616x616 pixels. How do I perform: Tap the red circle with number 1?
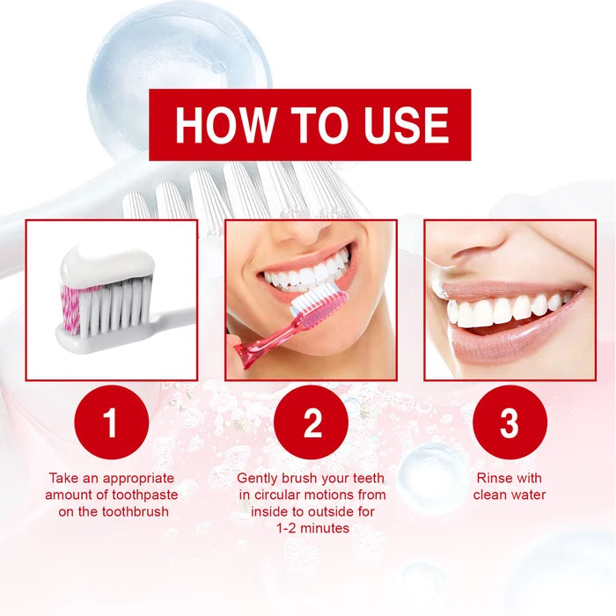pos(110,422)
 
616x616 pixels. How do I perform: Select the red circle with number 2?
pos(312,422)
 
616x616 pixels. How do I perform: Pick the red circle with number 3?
pos(510,422)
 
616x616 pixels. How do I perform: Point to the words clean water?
pos(510,495)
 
